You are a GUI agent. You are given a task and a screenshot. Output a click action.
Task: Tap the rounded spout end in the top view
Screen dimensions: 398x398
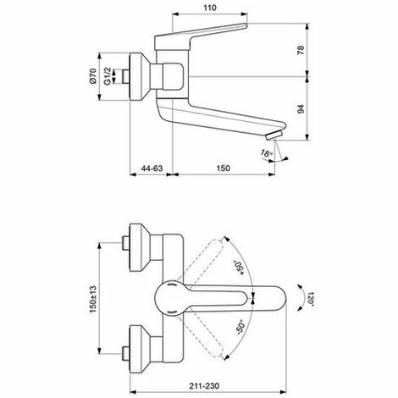[273, 298]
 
